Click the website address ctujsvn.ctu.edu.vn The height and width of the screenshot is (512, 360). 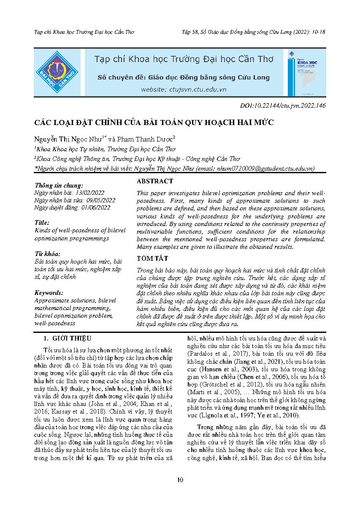[x=184, y=89]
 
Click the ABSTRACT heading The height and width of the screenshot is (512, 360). [x=155, y=181]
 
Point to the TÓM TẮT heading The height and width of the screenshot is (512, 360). [x=152, y=258]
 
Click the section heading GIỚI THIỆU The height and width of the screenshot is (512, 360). [x=70, y=338]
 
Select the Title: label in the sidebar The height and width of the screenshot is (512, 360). [x=42, y=222]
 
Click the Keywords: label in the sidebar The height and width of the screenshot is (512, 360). [x=49, y=292]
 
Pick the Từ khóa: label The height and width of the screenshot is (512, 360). [x=47, y=254]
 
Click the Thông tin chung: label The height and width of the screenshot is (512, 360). [x=59, y=185]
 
